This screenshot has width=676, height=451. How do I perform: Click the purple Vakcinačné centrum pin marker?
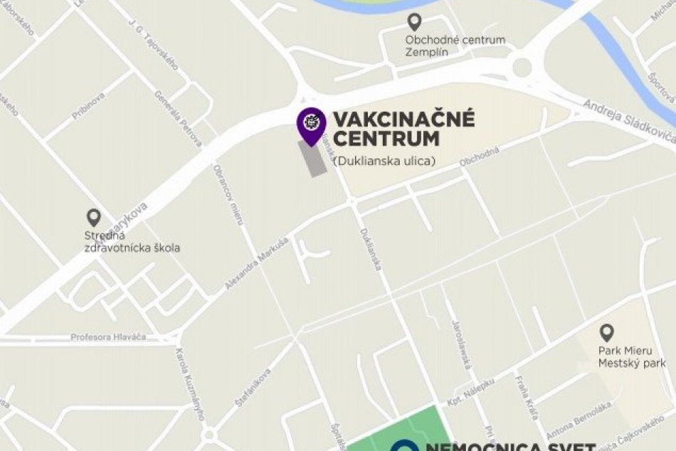(311, 125)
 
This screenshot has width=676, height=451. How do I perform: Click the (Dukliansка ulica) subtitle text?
(384, 161)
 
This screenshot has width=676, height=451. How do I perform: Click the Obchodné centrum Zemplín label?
(455, 46)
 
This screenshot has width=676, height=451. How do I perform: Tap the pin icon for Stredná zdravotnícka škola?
(93, 218)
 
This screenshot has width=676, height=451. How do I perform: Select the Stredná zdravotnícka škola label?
(132, 242)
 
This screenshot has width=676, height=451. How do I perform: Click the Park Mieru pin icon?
(606, 332)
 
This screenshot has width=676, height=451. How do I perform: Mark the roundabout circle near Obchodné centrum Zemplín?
(522, 68)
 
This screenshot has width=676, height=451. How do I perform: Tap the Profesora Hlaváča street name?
(108, 336)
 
